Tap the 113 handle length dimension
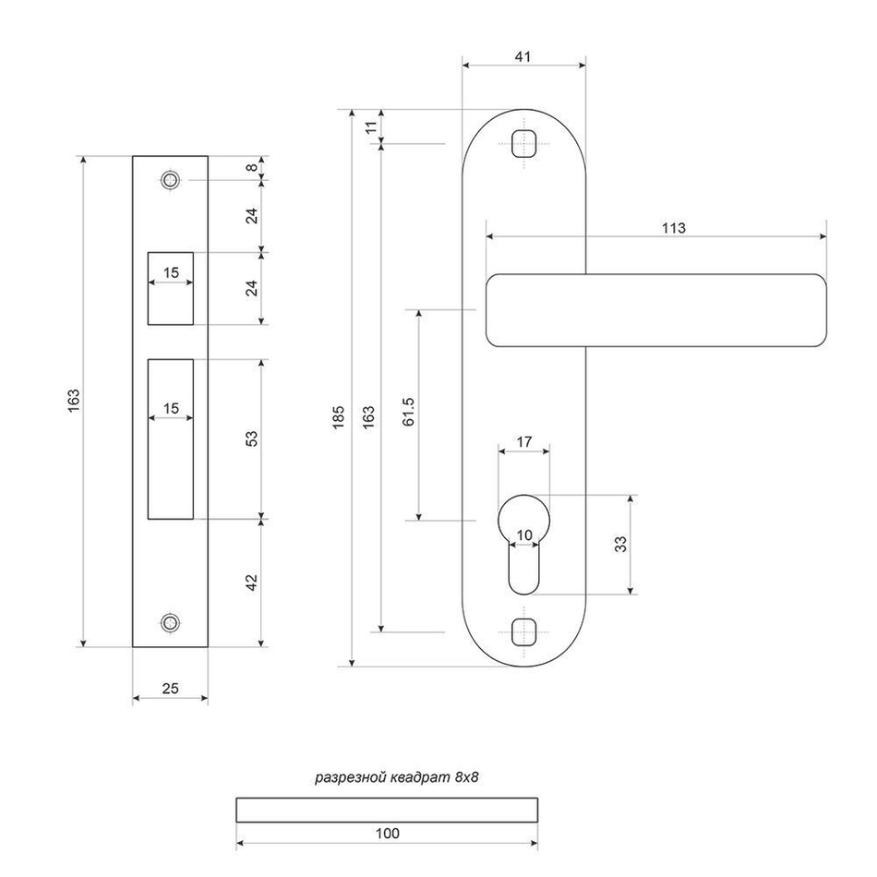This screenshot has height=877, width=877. tap(674, 227)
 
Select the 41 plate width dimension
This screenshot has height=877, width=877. tap(523, 56)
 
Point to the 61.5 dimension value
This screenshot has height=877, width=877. tap(409, 412)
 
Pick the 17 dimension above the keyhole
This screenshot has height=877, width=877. tap(523, 442)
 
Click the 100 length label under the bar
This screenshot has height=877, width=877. tap(388, 834)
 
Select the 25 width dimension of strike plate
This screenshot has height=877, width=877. tap(170, 688)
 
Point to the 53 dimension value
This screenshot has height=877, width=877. tap(252, 438)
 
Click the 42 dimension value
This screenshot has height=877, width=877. tap(252, 582)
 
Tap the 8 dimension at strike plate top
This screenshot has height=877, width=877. tap(252, 167)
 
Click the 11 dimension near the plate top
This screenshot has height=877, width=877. tap(372, 126)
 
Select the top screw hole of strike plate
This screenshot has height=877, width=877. tap(169, 180)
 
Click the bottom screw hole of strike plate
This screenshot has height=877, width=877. tap(169, 622)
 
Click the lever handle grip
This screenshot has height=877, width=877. tap(655, 310)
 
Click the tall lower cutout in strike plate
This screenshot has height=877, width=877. tap(170, 438)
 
